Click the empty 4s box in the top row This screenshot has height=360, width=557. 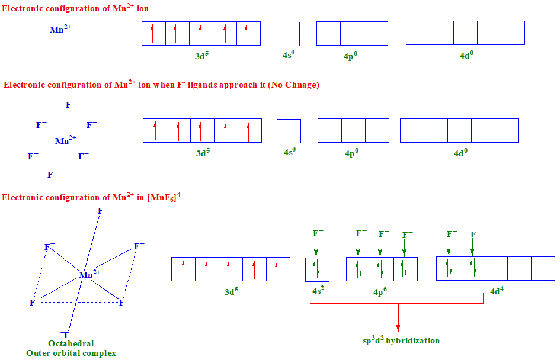pyautogui.click(x=287, y=34)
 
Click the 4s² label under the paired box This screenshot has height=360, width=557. pyautogui.click(x=318, y=291)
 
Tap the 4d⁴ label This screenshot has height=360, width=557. pyautogui.click(x=497, y=291)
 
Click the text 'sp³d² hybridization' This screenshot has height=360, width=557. pyautogui.click(x=401, y=340)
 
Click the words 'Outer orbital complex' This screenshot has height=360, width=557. pyautogui.click(x=71, y=353)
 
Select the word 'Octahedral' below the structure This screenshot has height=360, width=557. pyautogui.click(x=71, y=343)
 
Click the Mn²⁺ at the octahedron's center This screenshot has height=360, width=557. pyautogui.click(x=89, y=274)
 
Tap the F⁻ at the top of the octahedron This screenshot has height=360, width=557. pyautogui.click(x=103, y=211)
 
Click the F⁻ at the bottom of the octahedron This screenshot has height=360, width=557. pyautogui.click(x=66, y=335)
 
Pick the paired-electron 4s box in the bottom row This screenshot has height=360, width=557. pyautogui.click(x=317, y=269)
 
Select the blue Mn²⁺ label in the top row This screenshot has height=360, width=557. pyautogui.click(x=61, y=28)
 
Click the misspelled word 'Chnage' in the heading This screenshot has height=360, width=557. pyautogui.click(x=303, y=85)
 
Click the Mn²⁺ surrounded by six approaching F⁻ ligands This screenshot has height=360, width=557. pyautogui.click(x=65, y=141)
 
